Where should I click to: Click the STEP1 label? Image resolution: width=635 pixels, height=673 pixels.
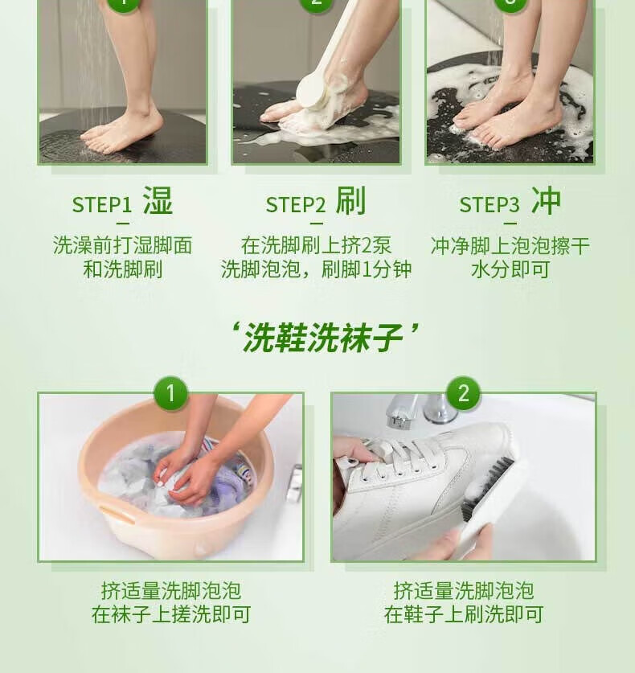(101, 205)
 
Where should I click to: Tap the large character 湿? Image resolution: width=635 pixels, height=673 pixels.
(158, 200)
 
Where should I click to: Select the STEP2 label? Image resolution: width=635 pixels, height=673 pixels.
(296, 205)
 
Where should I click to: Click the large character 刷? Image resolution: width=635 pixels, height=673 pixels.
(351, 200)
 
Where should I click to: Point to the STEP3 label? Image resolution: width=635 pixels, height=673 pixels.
(490, 205)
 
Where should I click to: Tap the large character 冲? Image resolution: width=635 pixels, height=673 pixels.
(547, 200)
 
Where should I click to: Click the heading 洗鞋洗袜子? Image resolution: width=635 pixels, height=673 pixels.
(323, 339)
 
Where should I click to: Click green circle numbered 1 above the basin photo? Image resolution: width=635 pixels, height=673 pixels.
(170, 393)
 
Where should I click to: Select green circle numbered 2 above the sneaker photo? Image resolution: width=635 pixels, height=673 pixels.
(463, 393)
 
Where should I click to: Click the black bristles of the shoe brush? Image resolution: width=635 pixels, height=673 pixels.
(486, 486)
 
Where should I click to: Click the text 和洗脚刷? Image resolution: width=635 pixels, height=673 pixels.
(123, 269)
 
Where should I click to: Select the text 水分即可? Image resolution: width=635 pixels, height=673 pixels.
(510, 269)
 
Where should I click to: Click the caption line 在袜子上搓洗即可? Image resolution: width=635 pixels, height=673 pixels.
(171, 614)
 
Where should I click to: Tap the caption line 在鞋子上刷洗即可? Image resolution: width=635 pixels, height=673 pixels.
(463, 614)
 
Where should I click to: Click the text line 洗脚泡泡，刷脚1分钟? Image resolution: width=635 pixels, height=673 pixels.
(316, 269)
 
